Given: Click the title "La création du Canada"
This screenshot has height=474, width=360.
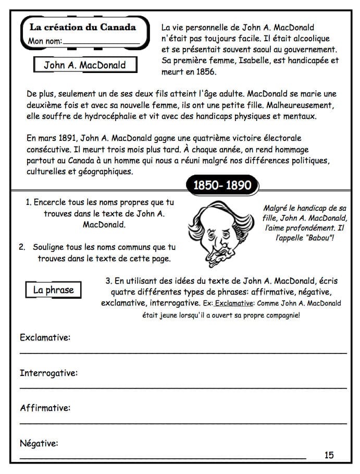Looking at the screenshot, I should coord(82,27).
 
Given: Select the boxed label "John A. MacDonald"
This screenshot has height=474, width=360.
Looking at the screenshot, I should coord(84,66).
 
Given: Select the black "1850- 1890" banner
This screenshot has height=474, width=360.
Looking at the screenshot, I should coord(222,186).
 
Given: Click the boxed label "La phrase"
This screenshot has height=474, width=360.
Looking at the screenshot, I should coord(53,290).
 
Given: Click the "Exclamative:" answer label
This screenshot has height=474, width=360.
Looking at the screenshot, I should coord(45,338).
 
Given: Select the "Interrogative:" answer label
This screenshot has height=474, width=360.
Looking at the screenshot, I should coord(48,373).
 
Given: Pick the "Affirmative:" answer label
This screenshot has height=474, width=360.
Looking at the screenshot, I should coord(45,408).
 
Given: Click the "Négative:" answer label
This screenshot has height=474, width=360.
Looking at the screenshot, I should coord(39,443).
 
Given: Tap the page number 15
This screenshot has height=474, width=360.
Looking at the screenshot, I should coord(329,455).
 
